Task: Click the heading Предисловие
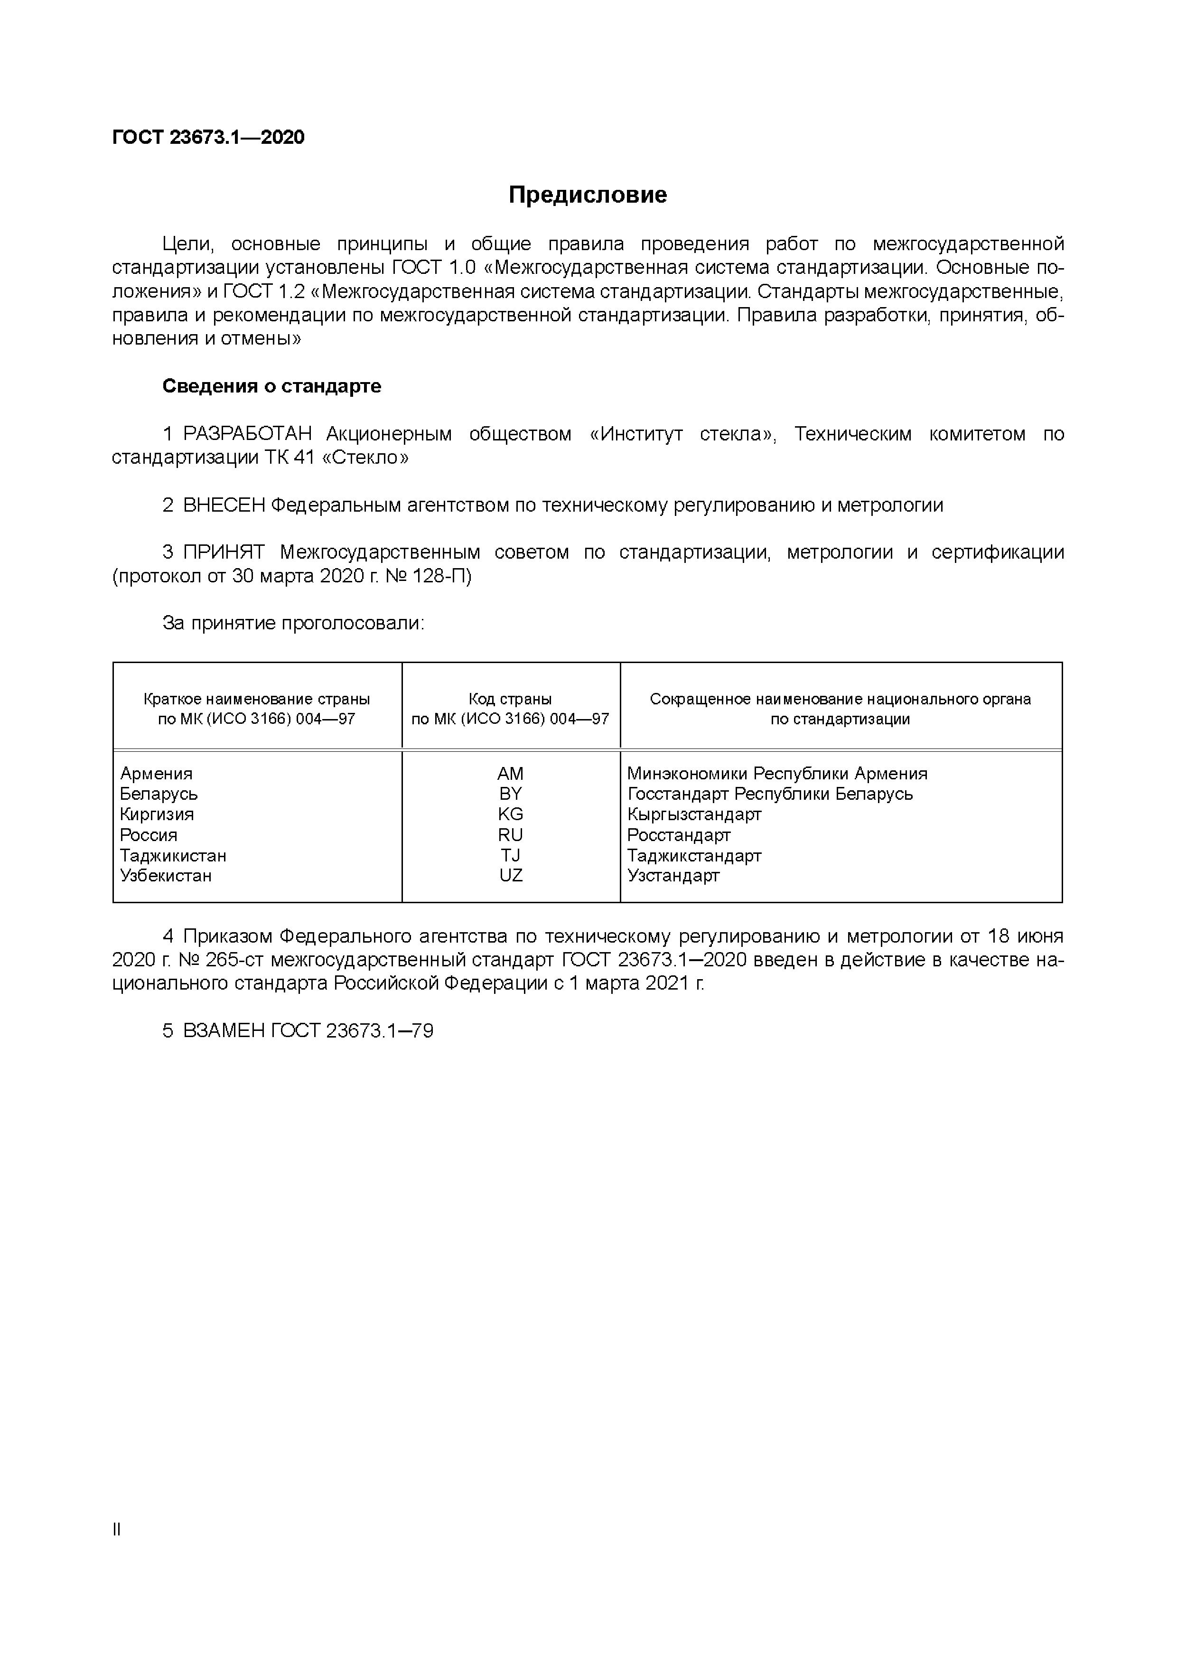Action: click(588, 195)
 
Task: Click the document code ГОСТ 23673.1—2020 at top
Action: click(208, 137)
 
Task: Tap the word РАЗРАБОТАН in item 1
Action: click(247, 434)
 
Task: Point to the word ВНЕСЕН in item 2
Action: click(224, 505)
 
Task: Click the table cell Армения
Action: click(156, 774)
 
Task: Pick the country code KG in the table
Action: click(511, 814)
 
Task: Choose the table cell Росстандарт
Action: click(679, 835)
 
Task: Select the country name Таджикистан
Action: click(173, 856)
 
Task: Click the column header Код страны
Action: click(511, 699)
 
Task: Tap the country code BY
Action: click(511, 794)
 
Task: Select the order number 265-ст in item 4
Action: click(236, 960)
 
